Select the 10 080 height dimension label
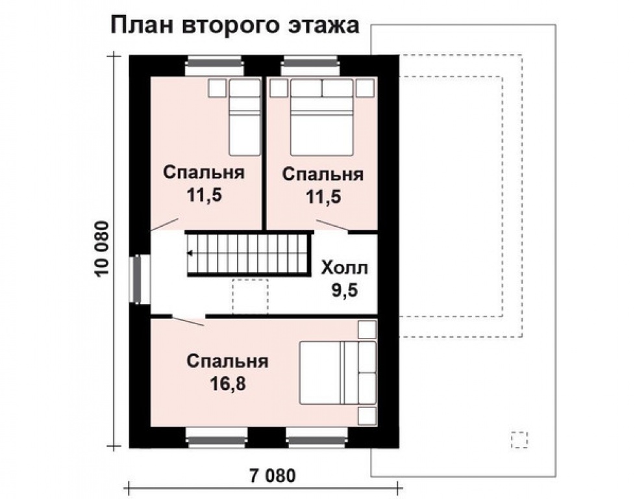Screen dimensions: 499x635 coord(103,250)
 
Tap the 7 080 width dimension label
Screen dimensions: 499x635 coord(268,475)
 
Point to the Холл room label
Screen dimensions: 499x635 coord(344,268)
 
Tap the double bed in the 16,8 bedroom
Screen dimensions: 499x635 coord(337,373)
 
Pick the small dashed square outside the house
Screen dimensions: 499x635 coord(519,440)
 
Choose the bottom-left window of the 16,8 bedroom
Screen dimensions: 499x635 coord(216,437)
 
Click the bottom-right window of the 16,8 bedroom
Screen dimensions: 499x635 coord(316,437)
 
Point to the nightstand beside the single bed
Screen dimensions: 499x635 coord(216,88)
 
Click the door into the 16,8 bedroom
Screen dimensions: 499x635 coord(188,320)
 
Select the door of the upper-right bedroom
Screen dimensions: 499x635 coord(331,227)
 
